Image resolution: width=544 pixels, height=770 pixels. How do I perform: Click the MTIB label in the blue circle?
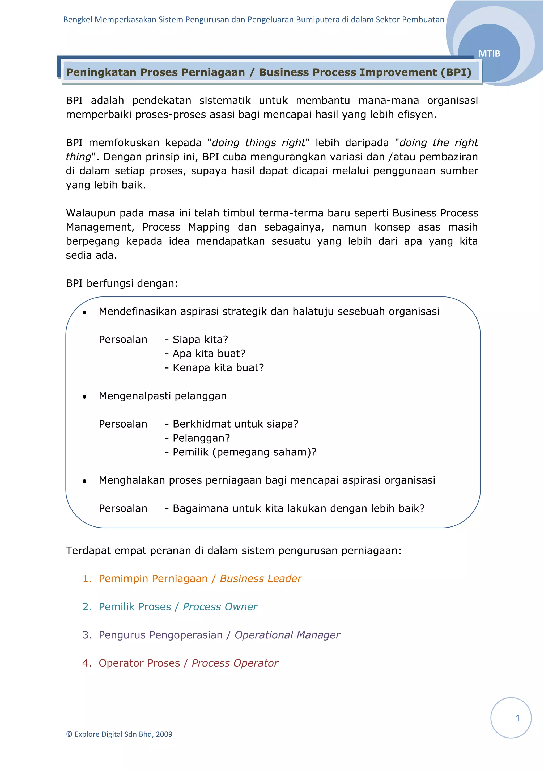(x=489, y=54)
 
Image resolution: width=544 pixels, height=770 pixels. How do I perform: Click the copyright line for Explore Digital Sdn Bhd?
(x=119, y=734)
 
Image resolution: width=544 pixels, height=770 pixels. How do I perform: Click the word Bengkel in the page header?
(x=78, y=20)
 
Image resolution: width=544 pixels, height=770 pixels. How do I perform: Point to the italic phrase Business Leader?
(x=261, y=579)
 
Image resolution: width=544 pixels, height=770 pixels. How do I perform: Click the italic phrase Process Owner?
(x=220, y=607)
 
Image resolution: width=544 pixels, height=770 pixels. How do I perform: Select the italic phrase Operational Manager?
(x=287, y=635)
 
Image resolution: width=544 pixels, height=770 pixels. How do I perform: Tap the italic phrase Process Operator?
(x=235, y=663)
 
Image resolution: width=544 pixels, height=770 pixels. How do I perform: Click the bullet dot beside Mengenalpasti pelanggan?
(x=84, y=397)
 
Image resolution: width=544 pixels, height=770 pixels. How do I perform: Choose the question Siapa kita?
(x=200, y=340)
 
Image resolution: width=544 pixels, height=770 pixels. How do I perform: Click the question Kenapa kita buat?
(x=218, y=368)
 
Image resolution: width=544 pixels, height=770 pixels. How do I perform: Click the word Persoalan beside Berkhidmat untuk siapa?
(x=123, y=424)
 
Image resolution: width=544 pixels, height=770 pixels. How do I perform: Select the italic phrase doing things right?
(x=259, y=143)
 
